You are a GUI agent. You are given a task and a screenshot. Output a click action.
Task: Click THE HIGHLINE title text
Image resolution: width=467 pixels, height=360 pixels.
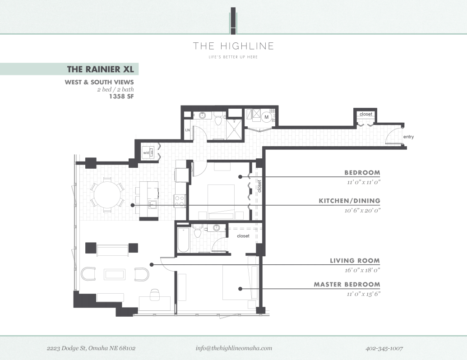233,46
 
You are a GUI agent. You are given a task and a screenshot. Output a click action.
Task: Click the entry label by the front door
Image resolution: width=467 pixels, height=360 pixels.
408,137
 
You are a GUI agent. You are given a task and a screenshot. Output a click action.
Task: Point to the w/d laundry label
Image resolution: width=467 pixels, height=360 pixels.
146,153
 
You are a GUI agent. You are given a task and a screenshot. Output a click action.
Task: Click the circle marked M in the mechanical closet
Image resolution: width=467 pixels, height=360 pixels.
267,117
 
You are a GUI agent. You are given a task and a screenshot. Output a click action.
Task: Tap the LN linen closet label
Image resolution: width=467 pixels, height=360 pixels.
187,130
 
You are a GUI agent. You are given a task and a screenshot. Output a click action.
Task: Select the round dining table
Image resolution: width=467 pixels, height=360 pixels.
107,194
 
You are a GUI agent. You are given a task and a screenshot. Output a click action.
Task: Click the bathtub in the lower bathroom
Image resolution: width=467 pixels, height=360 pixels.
183,240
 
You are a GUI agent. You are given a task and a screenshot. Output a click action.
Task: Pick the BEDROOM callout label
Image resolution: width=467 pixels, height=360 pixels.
362,173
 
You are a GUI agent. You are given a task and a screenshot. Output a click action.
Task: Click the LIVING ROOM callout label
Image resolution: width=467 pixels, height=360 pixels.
355,261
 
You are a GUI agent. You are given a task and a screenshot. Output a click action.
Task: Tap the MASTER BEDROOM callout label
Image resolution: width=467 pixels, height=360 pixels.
347,285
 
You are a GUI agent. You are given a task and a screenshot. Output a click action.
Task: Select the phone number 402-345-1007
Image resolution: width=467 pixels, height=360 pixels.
384,348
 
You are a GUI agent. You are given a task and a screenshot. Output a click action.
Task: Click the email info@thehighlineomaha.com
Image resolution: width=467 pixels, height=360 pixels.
234,348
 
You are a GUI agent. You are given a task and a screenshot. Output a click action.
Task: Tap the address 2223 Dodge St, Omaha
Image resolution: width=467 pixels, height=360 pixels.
91,348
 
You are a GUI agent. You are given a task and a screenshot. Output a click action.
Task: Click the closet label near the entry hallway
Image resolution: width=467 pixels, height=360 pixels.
366,114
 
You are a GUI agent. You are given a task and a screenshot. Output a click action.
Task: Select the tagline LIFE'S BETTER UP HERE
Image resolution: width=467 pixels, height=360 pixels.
233,57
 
